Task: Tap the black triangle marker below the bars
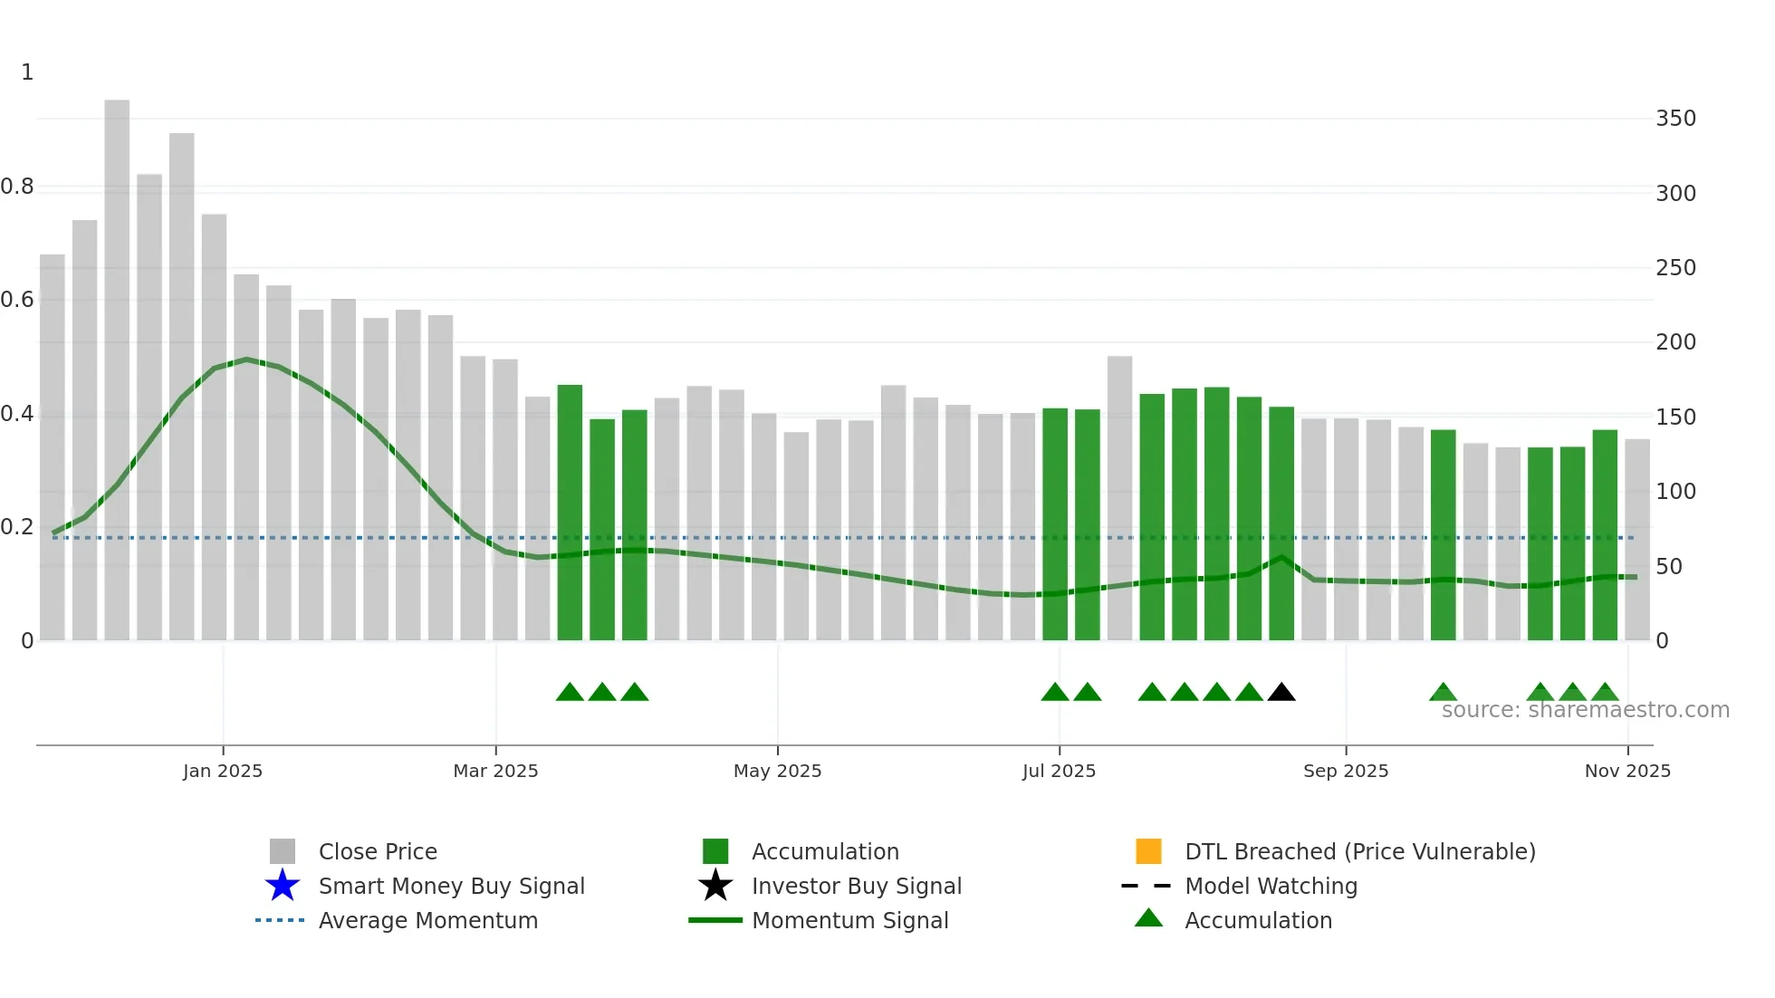click(1281, 693)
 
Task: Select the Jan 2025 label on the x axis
click(223, 771)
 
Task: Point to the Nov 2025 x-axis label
click(1627, 771)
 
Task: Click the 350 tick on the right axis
click(1675, 119)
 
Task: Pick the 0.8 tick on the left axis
click(18, 187)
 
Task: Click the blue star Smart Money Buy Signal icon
click(283, 886)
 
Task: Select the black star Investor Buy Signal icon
click(715, 886)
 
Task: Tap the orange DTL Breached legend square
click(1148, 851)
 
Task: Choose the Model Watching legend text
click(1271, 886)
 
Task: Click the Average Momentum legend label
click(427, 920)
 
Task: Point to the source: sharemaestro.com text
click(1585, 710)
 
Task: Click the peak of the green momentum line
click(246, 360)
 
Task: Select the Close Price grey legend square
click(283, 851)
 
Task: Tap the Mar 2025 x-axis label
click(495, 771)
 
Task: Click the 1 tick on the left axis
click(27, 72)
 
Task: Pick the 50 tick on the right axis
click(1668, 567)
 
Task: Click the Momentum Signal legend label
click(849, 920)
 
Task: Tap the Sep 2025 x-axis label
click(1346, 771)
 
